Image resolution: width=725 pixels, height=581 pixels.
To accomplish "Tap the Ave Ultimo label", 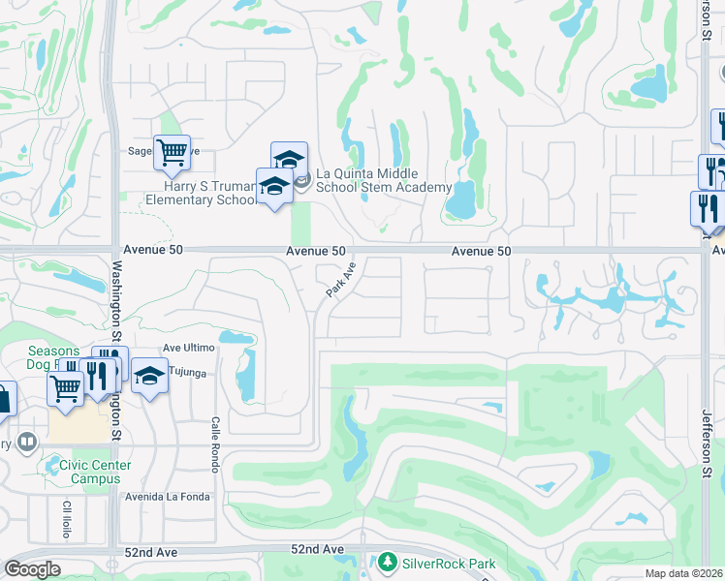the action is click(x=188, y=348).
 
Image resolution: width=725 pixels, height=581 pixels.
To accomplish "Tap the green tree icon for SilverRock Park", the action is click(x=388, y=562).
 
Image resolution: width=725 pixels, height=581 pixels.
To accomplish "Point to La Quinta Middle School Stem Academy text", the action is click(x=386, y=180).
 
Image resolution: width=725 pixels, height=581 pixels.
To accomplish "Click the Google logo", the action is click(x=32, y=569).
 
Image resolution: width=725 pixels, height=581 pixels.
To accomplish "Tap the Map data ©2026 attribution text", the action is click(x=683, y=573).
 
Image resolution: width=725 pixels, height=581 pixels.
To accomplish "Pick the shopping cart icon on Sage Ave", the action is click(x=172, y=151).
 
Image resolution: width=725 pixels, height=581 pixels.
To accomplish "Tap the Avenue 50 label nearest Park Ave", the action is click(x=316, y=251).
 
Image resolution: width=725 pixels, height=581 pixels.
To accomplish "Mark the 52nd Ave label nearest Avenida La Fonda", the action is click(x=151, y=551).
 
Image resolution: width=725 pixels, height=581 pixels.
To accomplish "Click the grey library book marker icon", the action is click(x=26, y=443).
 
